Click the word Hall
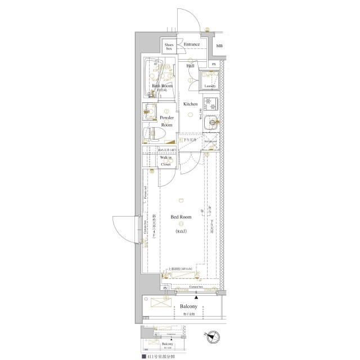click(190, 66)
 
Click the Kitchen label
click(190, 104)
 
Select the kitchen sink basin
click(211, 121)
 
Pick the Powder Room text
click(166, 121)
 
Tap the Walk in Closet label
click(166, 161)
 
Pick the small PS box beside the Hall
click(214, 65)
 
